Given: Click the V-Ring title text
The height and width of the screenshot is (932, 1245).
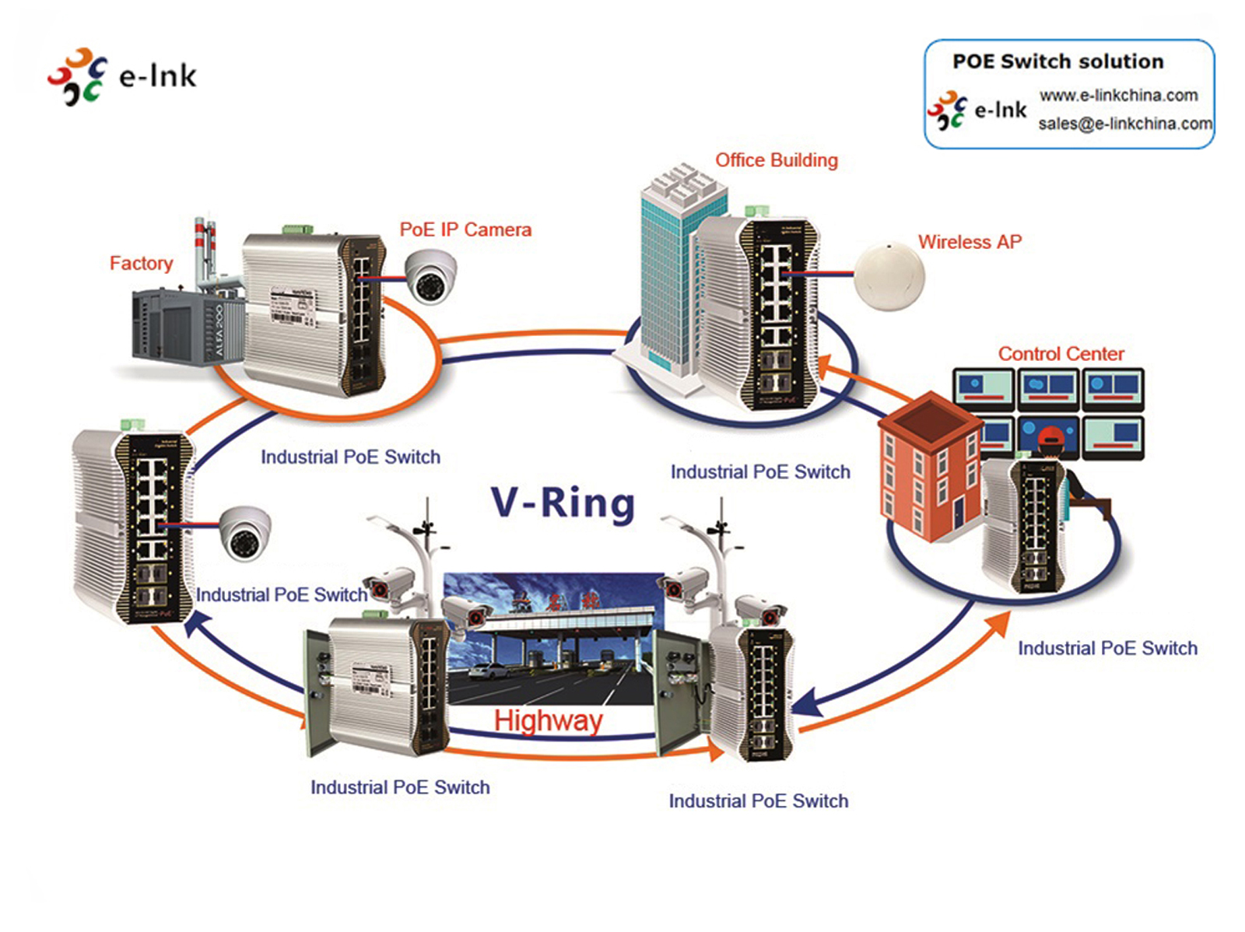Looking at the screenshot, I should tap(563, 503).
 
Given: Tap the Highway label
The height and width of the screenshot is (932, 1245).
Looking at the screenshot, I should tap(548, 720).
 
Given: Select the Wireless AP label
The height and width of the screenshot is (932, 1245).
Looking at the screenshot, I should tap(970, 242).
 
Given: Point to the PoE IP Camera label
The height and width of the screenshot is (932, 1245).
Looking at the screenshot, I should tap(465, 229).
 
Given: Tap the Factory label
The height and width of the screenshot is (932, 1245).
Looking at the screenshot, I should tap(141, 263).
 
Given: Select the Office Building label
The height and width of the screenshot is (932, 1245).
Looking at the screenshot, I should tap(777, 160).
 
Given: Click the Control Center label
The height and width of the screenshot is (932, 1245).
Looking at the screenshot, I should tap(1061, 354).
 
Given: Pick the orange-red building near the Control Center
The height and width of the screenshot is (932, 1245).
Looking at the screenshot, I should tap(928, 467).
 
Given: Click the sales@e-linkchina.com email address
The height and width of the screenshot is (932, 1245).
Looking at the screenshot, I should tap(1125, 124).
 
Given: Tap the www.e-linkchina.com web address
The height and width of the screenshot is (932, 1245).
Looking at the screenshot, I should tap(1118, 96).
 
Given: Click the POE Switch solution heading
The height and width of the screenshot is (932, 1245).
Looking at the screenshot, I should tap(1058, 61).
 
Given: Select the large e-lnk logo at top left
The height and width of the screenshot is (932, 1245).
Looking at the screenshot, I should tap(122, 76).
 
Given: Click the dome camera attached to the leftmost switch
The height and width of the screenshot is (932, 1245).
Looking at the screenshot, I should tap(245, 534).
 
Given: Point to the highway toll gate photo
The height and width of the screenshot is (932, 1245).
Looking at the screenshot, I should tap(554, 638).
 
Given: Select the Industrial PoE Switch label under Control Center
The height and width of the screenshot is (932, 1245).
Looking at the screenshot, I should tap(1107, 648).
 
